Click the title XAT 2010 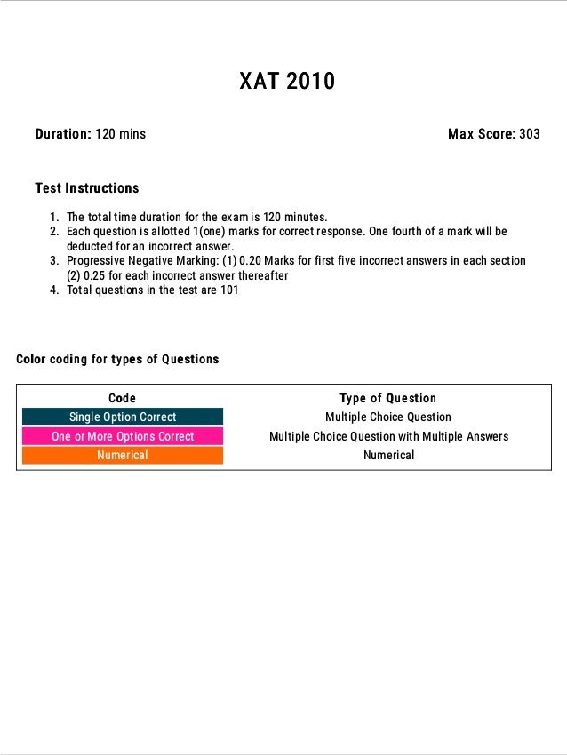pos(287,82)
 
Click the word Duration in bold pos(62,134)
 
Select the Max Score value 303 pos(530,134)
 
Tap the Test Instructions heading pos(86,188)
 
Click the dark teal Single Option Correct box pos(123,417)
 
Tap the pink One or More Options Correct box pos(123,436)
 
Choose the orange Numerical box pos(123,456)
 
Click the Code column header pos(123,398)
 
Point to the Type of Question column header pos(388,398)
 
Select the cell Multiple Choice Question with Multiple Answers pos(388,436)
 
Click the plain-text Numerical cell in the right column pos(388,456)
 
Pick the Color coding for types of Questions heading pos(117,360)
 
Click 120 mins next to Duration pos(121,134)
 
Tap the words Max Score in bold pos(481,134)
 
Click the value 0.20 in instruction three pos(252,261)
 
